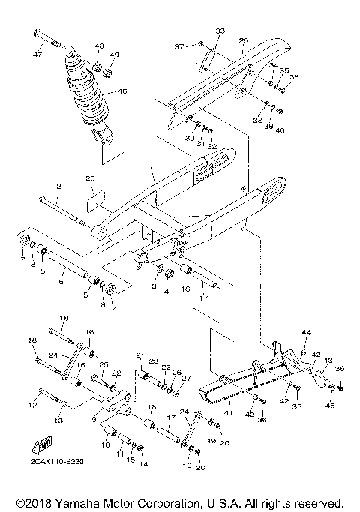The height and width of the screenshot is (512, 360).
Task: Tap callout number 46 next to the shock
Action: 123,92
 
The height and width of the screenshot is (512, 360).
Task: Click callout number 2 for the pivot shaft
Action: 58,184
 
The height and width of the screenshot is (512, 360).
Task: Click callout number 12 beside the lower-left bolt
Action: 31,405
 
